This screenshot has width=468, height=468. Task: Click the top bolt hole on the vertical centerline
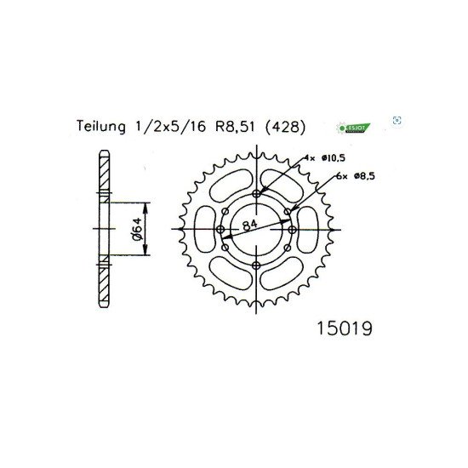pos(256,194)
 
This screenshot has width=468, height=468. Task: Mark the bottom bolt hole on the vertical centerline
pos(256,265)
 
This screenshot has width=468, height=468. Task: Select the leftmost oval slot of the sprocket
pos(203,230)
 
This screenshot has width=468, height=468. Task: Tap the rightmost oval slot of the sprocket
pos(310,230)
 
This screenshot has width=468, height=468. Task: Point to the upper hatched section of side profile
pos(104,179)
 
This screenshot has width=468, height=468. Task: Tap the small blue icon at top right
pos(397,121)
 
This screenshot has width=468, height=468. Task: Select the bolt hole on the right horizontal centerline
pos(291,230)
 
